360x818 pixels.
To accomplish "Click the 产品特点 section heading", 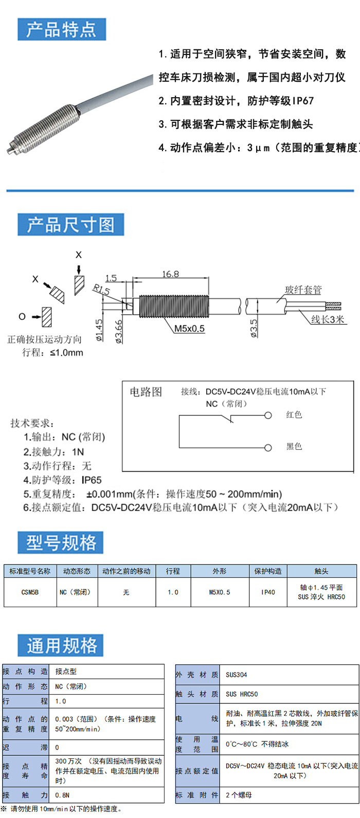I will [61, 29].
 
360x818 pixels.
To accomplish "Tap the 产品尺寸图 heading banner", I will [70, 225].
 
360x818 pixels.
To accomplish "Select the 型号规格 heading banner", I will [61, 542].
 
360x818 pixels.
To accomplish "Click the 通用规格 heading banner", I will [61, 645].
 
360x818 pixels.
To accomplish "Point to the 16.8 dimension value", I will [170, 274].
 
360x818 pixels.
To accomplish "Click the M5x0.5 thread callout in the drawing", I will [189, 329].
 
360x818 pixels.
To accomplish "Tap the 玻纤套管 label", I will [303, 290].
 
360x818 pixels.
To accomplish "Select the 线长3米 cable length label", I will [328, 319].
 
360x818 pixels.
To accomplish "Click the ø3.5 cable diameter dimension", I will [254, 328].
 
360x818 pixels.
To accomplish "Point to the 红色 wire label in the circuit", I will [294, 415].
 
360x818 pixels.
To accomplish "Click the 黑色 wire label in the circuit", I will [294, 446].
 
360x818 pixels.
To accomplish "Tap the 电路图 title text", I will [146, 392].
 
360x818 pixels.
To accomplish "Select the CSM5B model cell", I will [30, 592].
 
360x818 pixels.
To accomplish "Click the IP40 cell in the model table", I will [268, 592].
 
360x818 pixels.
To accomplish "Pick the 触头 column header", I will [321, 571].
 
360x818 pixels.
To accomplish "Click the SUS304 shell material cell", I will [237, 675].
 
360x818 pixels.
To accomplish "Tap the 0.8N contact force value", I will [63, 795].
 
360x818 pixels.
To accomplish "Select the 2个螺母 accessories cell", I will [239, 795].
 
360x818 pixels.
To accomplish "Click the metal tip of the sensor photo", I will [10, 150].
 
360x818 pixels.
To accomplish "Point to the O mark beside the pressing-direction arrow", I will [22, 316].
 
